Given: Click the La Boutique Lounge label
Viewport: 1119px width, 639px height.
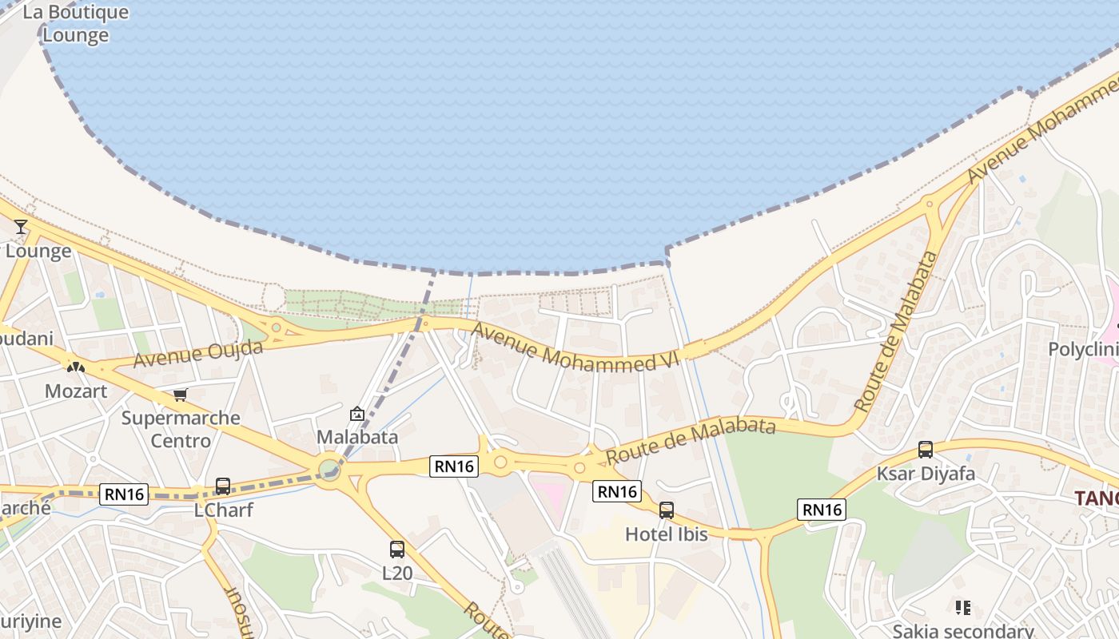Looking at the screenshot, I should [76, 24].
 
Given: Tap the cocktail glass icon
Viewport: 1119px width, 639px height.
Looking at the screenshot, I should [21, 228].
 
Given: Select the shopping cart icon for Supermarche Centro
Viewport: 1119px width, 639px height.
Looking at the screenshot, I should [180, 395].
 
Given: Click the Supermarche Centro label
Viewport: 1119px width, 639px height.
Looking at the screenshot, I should [181, 429].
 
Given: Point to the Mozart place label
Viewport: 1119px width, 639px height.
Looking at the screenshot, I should [76, 391].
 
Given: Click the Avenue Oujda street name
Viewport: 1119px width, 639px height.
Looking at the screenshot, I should [197, 354].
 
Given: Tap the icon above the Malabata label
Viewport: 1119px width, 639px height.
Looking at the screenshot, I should [357, 414].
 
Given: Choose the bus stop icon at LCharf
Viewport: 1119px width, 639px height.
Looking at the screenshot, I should [223, 486].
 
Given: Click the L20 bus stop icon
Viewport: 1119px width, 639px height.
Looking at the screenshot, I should [397, 550].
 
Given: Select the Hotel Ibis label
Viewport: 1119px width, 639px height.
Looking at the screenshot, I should [667, 534].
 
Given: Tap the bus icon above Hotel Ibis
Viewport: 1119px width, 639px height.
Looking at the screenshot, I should [667, 510].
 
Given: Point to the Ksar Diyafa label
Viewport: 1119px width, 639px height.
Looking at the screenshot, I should [926, 474].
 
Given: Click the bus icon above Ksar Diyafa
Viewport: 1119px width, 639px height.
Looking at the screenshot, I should [926, 450].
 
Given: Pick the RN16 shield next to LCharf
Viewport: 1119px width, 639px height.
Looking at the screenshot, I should [125, 494].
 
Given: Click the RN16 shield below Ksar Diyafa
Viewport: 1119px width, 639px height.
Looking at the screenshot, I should [822, 510].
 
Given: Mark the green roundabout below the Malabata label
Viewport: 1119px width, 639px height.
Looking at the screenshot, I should [329, 469].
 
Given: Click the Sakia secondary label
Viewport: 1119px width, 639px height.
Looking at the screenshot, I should [963, 631].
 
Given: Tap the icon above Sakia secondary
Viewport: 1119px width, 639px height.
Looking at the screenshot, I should [963, 608].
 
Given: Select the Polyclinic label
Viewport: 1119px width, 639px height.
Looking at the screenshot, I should [1083, 350].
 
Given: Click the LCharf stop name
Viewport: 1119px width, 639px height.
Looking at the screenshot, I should [224, 510].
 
